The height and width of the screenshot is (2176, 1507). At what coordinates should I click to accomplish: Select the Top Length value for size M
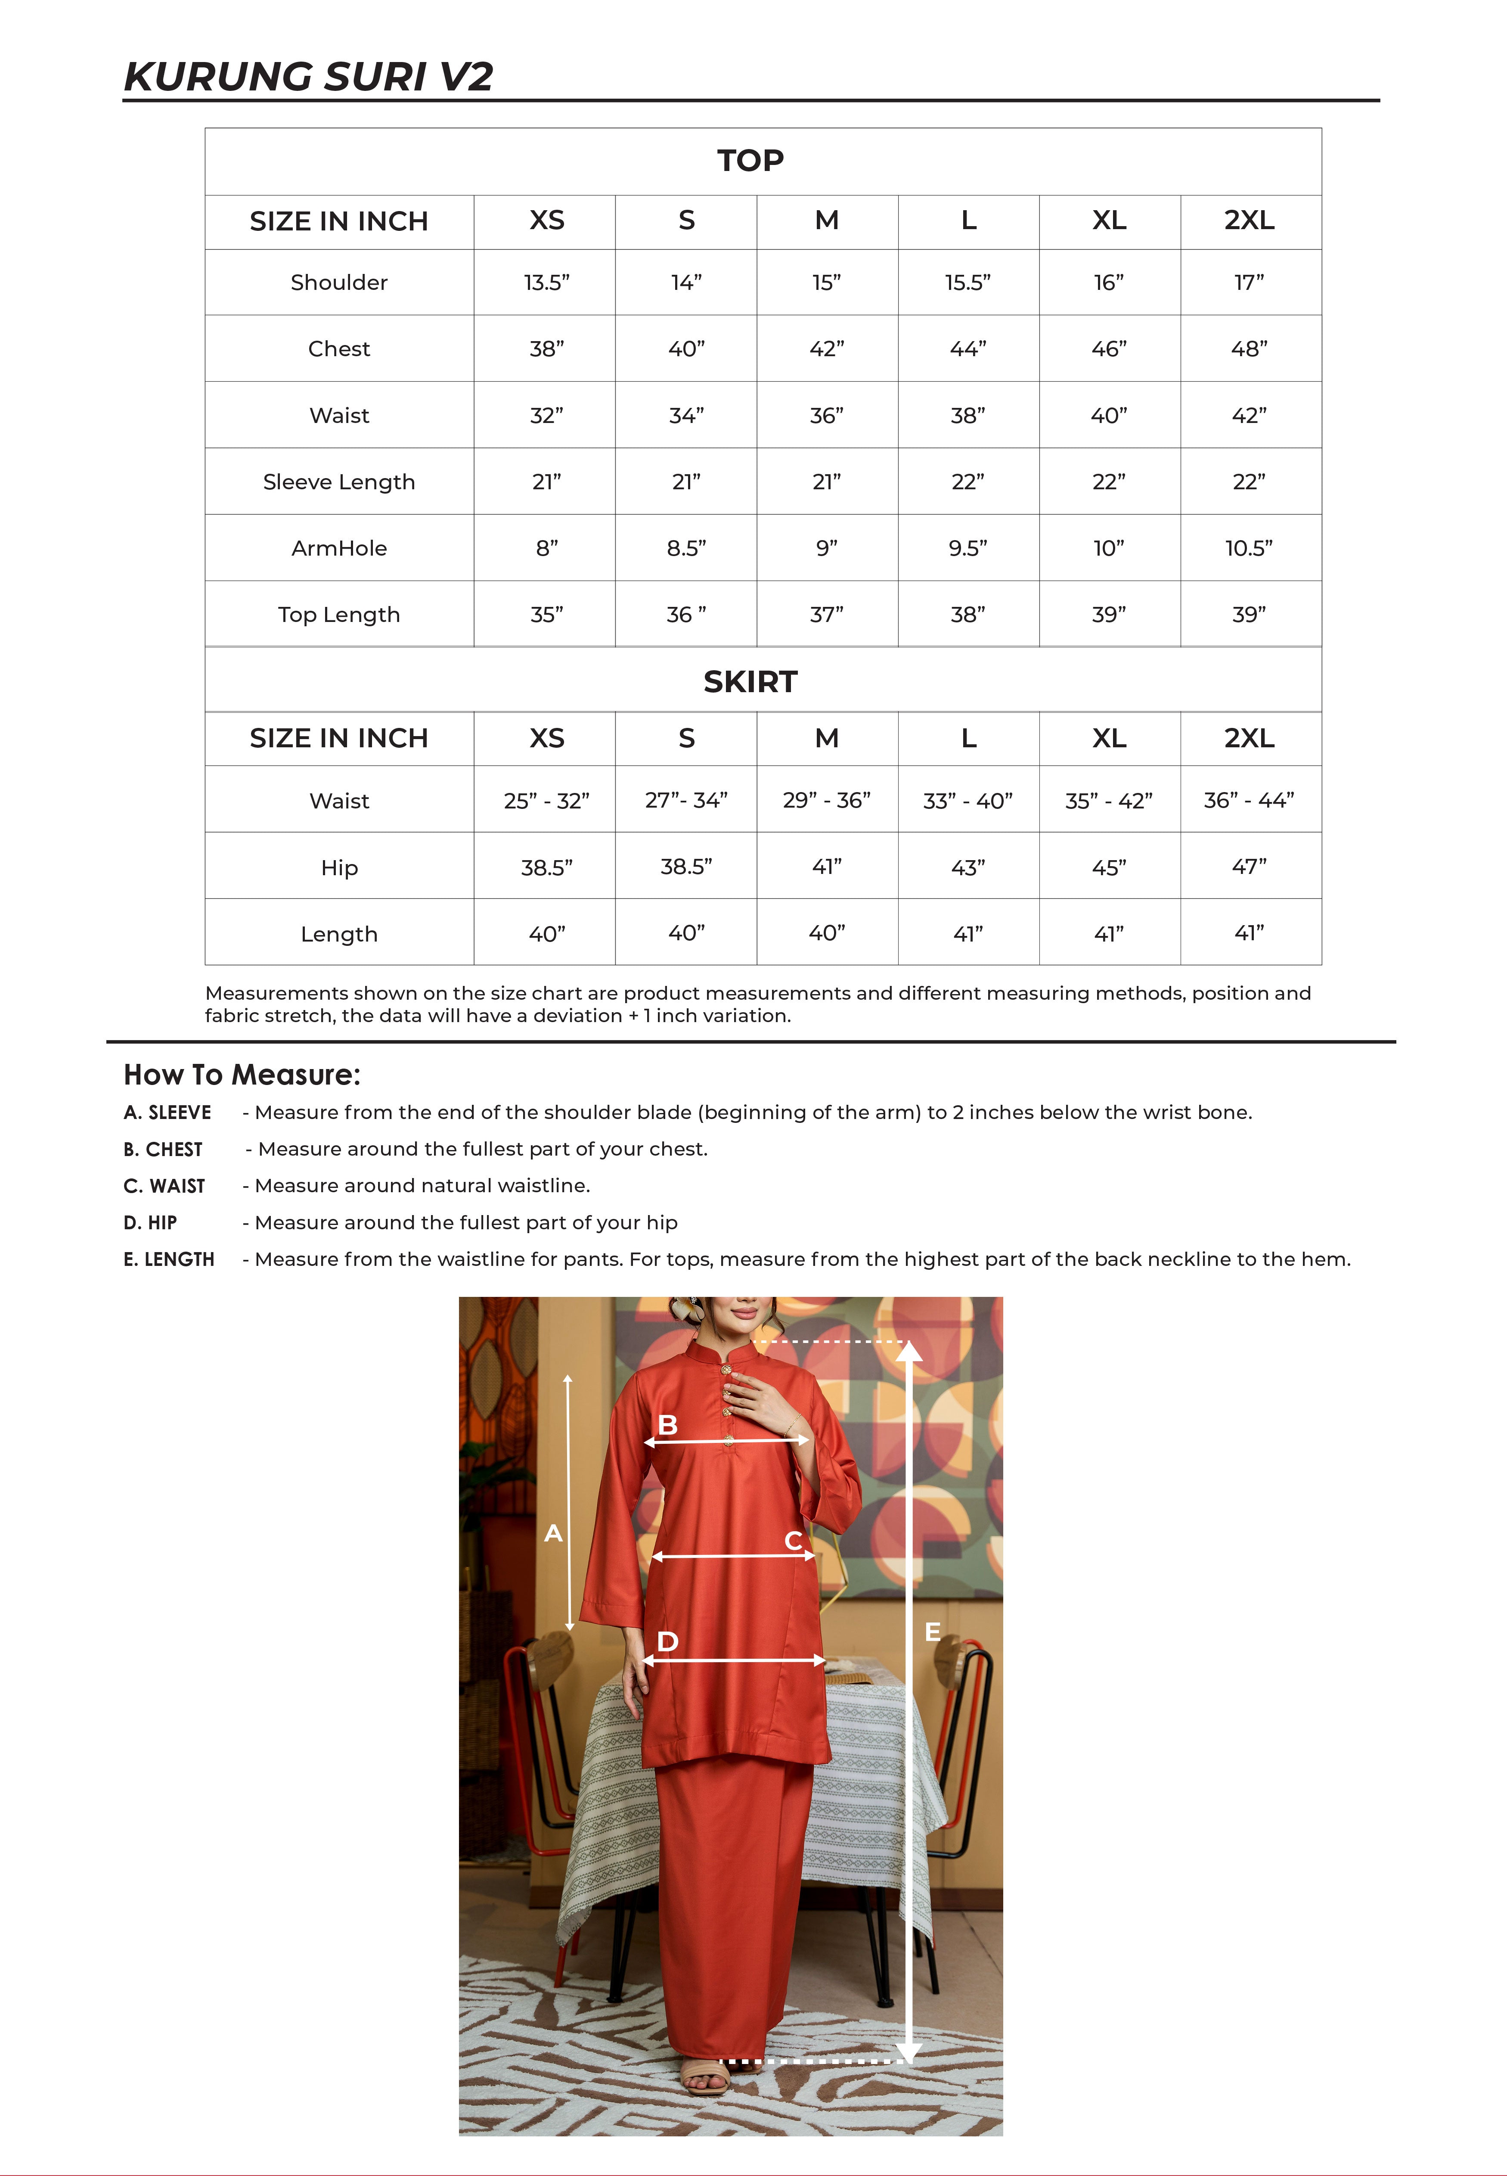pos(826,614)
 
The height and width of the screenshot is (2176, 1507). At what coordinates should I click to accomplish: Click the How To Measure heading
pos(242,1075)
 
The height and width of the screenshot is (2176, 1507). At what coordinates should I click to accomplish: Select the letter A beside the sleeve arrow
pos(553,1533)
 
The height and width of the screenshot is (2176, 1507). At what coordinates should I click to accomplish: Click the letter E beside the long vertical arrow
pos(932,1631)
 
